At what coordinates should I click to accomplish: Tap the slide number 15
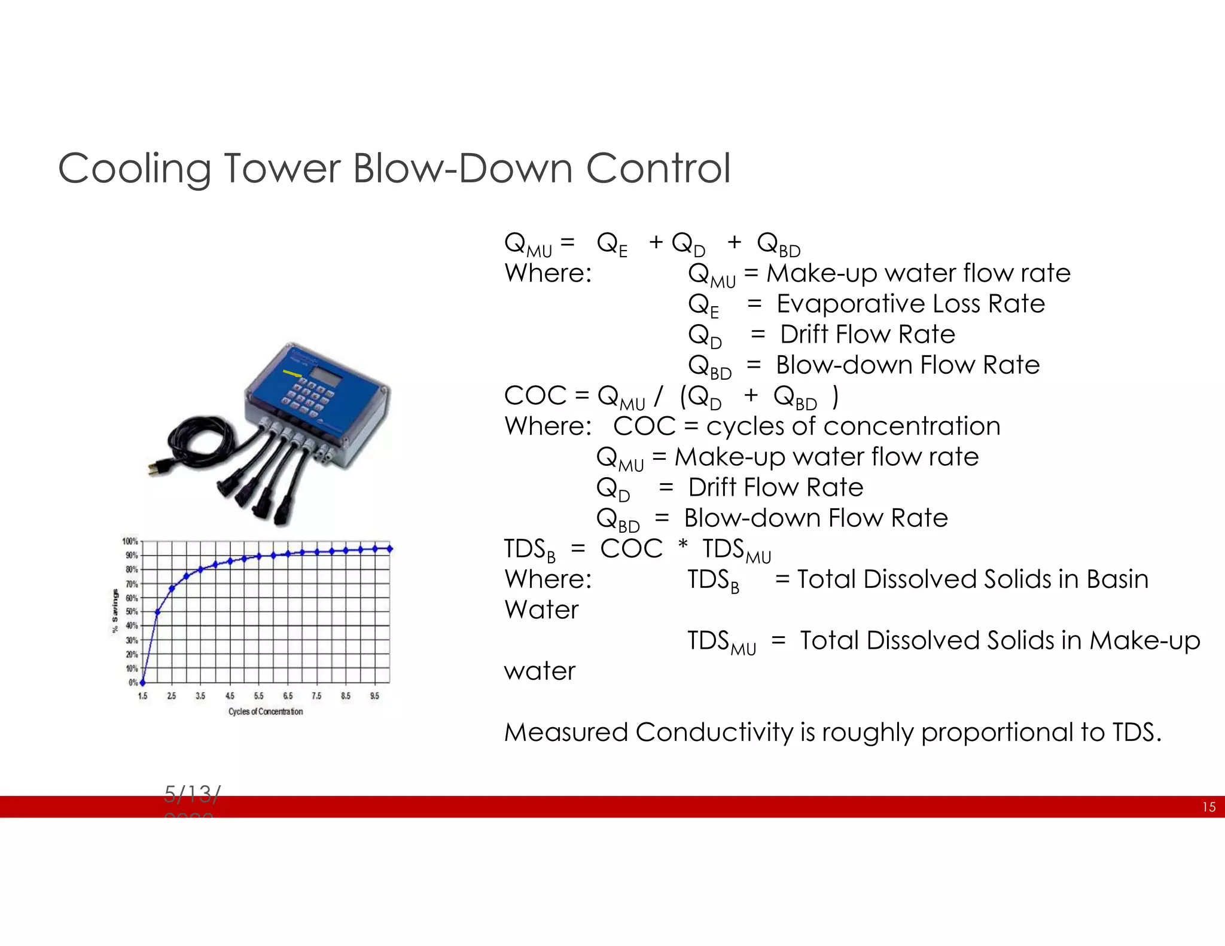coord(1208,807)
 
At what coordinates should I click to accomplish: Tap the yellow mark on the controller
coord(292,374)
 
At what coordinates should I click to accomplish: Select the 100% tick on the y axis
coord(130,542)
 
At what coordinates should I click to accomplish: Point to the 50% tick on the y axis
coord(131,612)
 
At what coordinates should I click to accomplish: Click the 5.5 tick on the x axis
coord(258,696)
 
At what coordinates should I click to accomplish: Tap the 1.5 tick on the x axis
coord(142,696)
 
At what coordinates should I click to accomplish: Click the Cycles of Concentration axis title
coord(266,712)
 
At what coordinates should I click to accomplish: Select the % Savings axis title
coord(115,611)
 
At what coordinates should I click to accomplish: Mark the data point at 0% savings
coord(142,682)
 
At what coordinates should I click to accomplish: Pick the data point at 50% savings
coord(157,612)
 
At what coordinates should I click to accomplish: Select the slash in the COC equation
coord(659,396)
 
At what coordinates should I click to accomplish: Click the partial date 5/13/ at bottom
coord(192,794)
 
